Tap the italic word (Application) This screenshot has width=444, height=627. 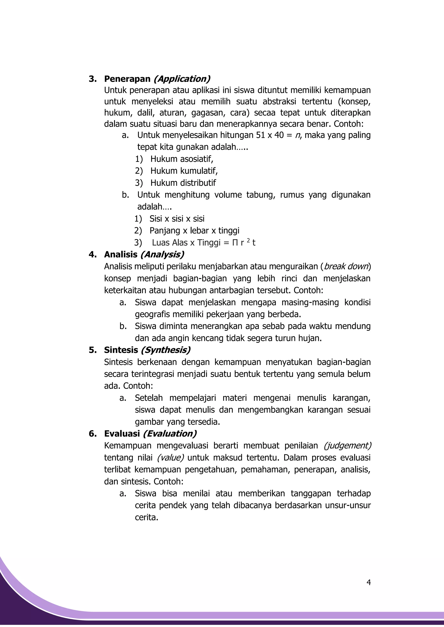pyautogui.click(x=182, y=79)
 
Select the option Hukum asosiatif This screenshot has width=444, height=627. pyautogui.click(x=181, y=159)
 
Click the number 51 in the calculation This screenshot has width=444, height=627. pyautogui.click(x=260, y=135)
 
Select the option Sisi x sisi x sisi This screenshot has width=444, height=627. pyautogui.click(x=177, y=219)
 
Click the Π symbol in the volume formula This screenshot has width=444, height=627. pyautogui.click(x=235, y=243)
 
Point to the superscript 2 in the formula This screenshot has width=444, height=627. pyautogui.click(x=248, y=241)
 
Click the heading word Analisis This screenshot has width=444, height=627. pyautogui.click(x=121, y=254)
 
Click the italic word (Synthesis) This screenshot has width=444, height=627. pyautogui.click(x=165, y=350)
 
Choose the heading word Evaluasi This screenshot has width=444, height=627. pyautogui.click(x=122, y=433)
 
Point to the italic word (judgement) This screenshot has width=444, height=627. pyautogui.click(x=347, y=446)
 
